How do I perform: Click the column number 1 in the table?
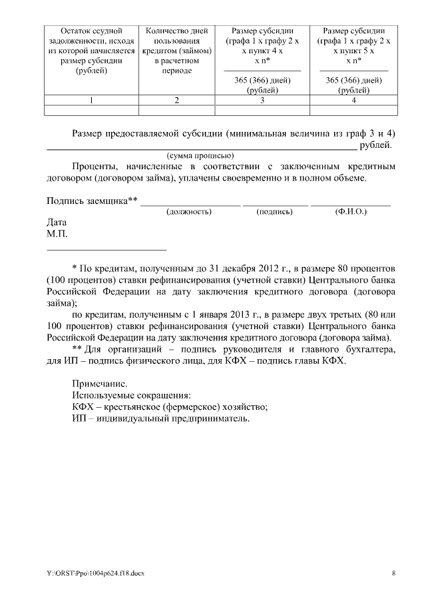point(91,101)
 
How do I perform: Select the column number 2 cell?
point(176,101)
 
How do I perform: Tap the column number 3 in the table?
point(262,101)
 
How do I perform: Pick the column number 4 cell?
point(353,101)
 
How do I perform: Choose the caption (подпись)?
point(275,212)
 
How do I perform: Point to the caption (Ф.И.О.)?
point(350,212)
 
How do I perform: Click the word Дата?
point(57,223)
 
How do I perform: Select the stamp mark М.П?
point(57,234)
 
